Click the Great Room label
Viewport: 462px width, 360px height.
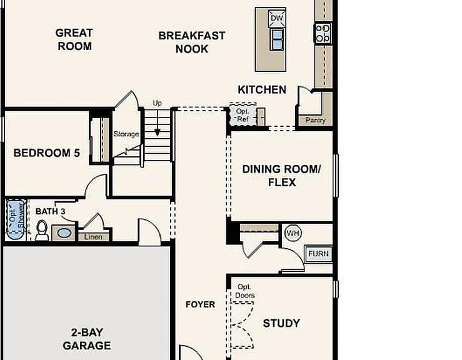[74, 39]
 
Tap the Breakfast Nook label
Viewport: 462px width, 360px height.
[192, 42]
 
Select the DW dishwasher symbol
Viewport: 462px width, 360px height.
[277, 18]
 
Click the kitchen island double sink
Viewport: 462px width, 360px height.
[277, 39]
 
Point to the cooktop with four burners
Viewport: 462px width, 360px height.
[323, 33]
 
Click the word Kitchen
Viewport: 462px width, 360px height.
[262, 89]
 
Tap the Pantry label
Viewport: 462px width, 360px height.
[316, 120]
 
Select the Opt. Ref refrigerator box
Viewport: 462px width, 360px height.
[243, 114]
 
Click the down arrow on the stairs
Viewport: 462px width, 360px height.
[158, 123]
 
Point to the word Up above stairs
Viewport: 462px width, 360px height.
[157, 103]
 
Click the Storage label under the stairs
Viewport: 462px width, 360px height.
[126, 134]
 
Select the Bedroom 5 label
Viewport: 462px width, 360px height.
[46, 153]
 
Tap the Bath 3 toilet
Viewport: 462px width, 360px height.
[42, 231]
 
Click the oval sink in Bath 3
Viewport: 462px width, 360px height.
[64, 233]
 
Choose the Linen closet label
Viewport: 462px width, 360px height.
[93, 237]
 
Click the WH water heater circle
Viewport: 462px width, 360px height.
[293, 233]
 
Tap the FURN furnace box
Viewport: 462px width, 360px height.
[318, 254]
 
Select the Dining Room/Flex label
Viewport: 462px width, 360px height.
[282, 176]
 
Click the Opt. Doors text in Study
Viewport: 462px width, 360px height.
[245, 291]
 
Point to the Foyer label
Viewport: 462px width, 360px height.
[200, 304]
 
